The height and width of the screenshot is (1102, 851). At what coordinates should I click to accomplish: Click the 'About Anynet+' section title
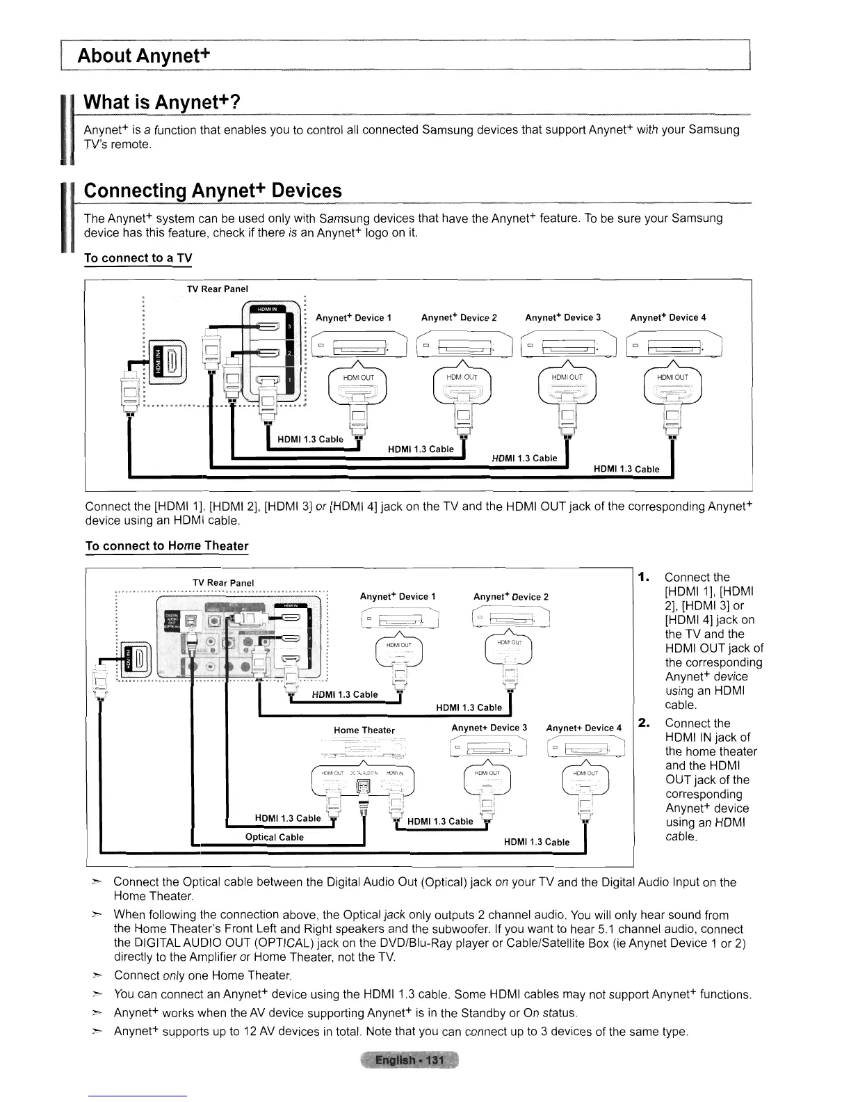click(x=144, y=55)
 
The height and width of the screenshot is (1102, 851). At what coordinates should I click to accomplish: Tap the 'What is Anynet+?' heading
click(x=161, y=102)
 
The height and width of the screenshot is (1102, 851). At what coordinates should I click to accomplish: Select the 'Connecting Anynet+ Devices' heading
click(x=213, y=191)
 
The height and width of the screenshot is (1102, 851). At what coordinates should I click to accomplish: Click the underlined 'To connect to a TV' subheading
click(x=138, y=258)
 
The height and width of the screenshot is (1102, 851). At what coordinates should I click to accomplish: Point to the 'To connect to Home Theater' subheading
click(x=166, y=545)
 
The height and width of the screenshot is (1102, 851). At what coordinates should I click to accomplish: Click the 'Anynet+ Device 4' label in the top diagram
click(x=667, y=318)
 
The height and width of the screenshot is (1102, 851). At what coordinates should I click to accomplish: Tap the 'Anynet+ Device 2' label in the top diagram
click(x=459, y=318)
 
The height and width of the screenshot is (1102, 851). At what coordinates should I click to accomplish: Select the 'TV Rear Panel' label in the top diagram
click(x=217, y=289)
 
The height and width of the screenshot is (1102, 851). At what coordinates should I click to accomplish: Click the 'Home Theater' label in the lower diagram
click(x=364, y=730)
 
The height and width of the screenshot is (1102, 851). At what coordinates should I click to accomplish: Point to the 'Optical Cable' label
click(x=274, y=837)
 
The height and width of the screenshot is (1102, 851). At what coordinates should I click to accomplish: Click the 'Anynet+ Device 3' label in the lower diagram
click(x=489, y=728)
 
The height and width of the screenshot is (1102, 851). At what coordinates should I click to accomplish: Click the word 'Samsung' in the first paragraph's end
click(x=713, y=129)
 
